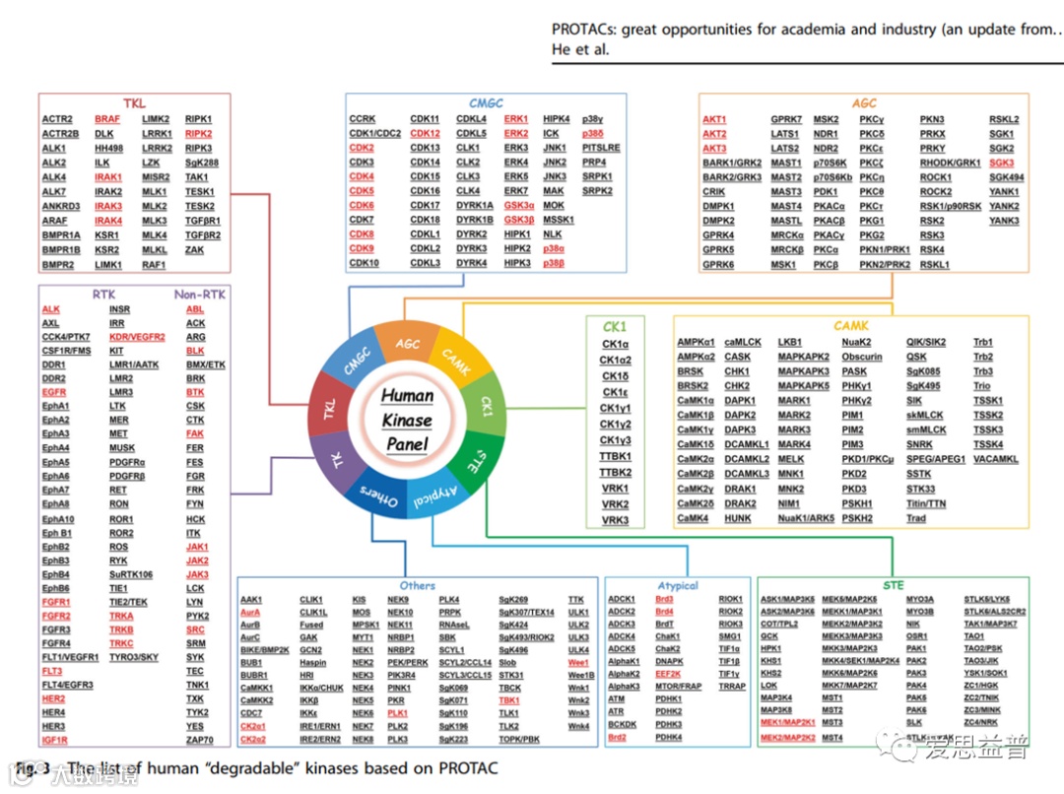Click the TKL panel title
pyautogui.click(x=134, y=103)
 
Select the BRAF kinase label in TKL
pyautogui.click(x=107, y=119)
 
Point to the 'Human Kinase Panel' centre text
pyautogui.click(x=407, y=420)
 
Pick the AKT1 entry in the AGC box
pyautogui.click(x=714, y=119)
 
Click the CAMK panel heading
pyautogui.click(x=850, y=325)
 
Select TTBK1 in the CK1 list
pyautogui.click(x=616, y=456)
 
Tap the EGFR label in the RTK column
pyautogui.click(x=54, y=392)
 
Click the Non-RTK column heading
pyautogui.click(x=200, y=294)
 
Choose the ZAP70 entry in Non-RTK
pyautogui.click(x=200, y=739)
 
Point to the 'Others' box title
pyautogui.click(x=417, y=585)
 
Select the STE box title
pyautogui.click(x=893, y=585)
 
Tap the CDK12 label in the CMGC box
pyautogui.click(x=425, y=134)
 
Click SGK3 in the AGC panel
pyautogui.click(x=1002, y=163)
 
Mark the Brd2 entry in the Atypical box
pyautogui.click(x=618, y=737)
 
